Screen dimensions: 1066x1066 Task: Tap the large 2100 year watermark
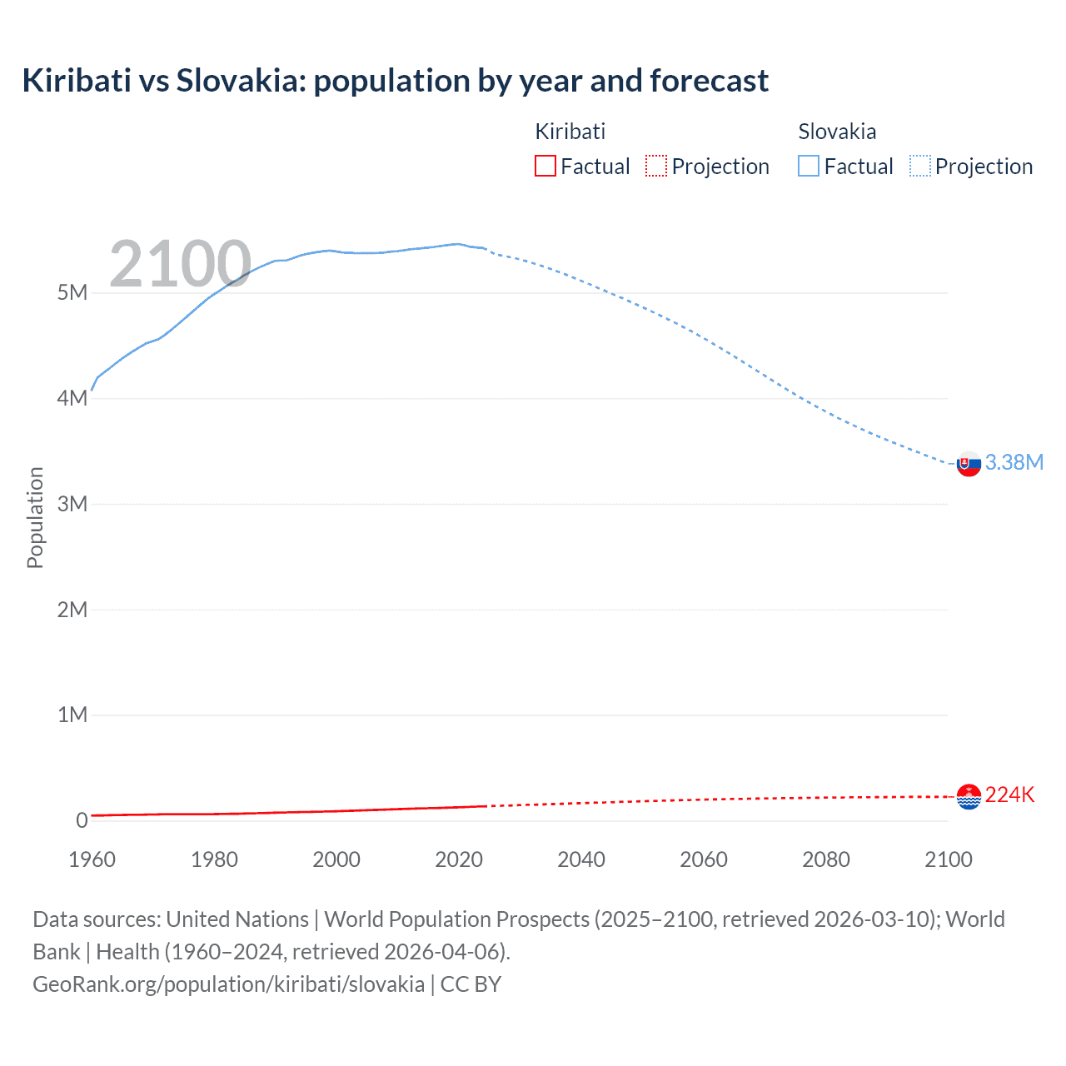[x=180, y=264]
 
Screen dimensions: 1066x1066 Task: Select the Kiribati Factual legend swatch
[x=545, y=166]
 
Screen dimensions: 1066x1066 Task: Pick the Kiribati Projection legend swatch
[x=656, y=166]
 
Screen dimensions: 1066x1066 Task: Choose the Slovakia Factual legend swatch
[x=808, y=166]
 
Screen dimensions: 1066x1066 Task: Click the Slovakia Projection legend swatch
[x=919, y=166]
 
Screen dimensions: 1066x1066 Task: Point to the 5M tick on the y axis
[x=72, y=292]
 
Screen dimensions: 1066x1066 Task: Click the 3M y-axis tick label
[x=72, y=504]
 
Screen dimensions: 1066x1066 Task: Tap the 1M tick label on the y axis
[x=72, y=715]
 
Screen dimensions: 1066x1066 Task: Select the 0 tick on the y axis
[x=82, y=820]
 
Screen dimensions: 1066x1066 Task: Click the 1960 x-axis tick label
[x=92, y=859]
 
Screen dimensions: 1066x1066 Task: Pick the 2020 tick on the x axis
[x=459, y=859]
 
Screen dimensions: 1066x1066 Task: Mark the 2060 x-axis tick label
[x=704, y=859]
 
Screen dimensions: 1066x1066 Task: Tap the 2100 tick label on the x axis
[x=948, y=859]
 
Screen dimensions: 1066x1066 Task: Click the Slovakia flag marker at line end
[x=969, y=464]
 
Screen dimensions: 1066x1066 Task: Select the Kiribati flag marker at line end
[x=969, y=797]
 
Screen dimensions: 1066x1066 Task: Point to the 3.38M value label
[x=1014, y=462]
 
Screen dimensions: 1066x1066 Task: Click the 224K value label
[x=1009, y=795]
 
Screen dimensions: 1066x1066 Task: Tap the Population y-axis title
[x=35, y=517]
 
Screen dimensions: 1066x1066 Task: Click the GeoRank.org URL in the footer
[x=228, y=984]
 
